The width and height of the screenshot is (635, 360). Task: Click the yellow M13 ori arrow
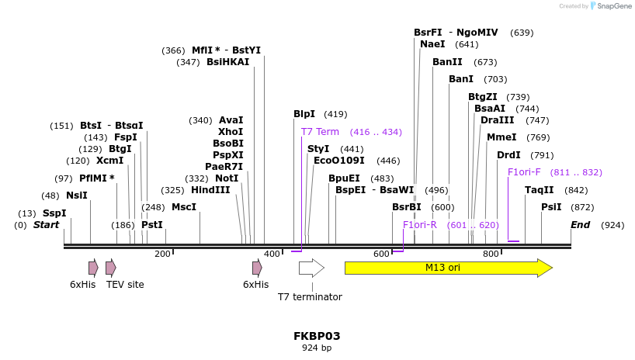click(448, 268)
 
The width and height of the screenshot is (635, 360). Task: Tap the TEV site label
click(125, 285)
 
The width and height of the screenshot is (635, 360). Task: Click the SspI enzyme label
click(54, 213)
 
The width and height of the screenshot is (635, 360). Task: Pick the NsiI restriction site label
click(77, 196)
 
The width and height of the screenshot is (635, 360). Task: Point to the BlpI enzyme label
click(304, 114)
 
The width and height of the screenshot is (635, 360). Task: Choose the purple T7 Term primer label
click(320, 132)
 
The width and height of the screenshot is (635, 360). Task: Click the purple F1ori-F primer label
click(524, 172)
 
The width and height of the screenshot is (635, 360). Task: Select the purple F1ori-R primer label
click(420, 225)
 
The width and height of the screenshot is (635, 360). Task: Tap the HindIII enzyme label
click(210, 190)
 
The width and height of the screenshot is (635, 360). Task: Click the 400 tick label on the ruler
click(272, 254)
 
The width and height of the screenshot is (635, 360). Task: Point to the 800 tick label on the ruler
click(491, 254)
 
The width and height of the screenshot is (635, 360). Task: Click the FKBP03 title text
click(317, 336)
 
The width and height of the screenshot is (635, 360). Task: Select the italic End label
click(580, 225)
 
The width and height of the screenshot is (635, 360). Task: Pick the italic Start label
click(46, 225)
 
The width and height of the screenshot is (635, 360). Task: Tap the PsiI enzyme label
click(551, 207)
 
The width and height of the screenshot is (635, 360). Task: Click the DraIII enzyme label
click(497, 120)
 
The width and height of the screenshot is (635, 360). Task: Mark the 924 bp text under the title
click(317, 348)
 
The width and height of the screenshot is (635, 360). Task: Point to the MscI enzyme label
click(184, 207)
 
